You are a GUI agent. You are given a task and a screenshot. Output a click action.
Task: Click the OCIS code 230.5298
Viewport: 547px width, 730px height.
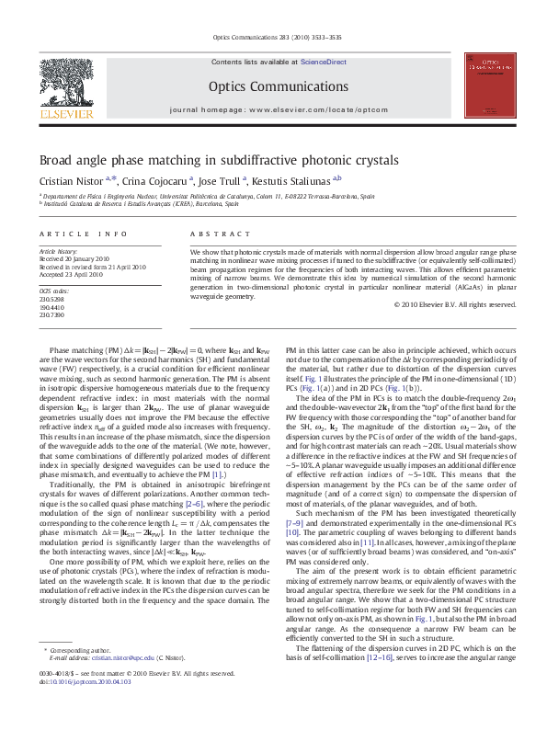pos(51,299)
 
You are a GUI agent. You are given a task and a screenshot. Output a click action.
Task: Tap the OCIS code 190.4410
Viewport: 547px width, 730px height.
pos(51,307)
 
